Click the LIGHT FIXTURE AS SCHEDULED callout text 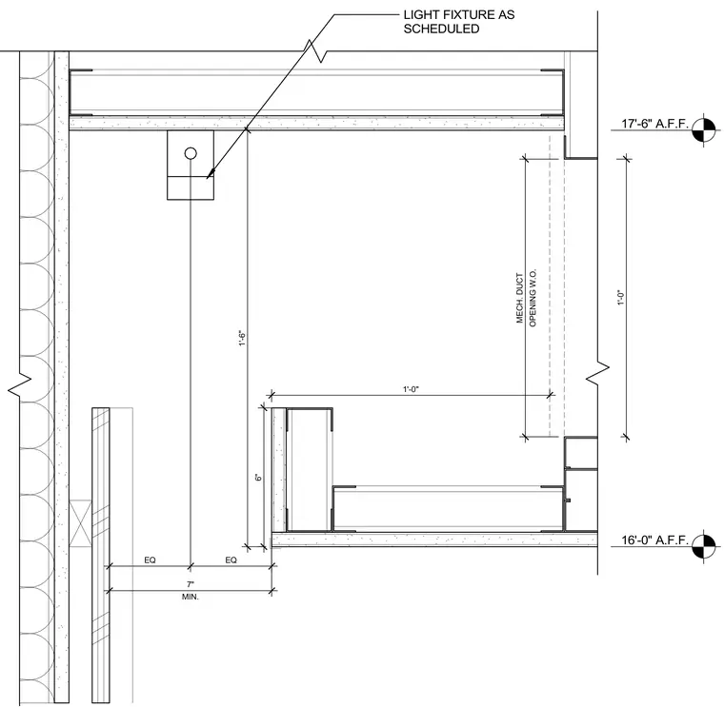459,22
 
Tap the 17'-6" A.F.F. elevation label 654,124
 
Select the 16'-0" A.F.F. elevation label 654,540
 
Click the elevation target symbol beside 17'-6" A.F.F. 704,130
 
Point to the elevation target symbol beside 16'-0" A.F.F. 704,547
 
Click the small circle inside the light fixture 191,153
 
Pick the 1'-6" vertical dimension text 242,338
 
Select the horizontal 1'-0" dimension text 411,389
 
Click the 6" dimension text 258,478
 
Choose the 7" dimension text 191,584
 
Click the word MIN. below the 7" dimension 191,597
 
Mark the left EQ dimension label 151,560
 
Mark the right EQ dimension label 231,560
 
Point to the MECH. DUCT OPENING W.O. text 526,298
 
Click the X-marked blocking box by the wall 80,523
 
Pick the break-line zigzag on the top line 315,50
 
